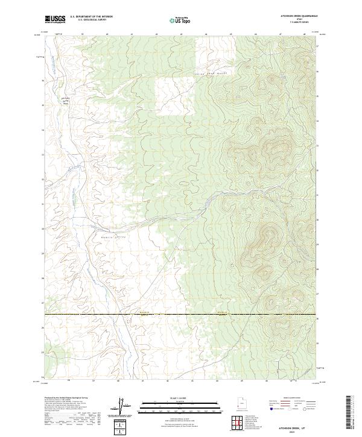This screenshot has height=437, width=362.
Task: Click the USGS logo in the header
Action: tap(56, 19)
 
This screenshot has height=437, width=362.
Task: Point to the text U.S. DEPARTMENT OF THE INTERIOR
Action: tap(91, 17)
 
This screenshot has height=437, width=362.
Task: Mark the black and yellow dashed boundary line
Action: tap(181, 315)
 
